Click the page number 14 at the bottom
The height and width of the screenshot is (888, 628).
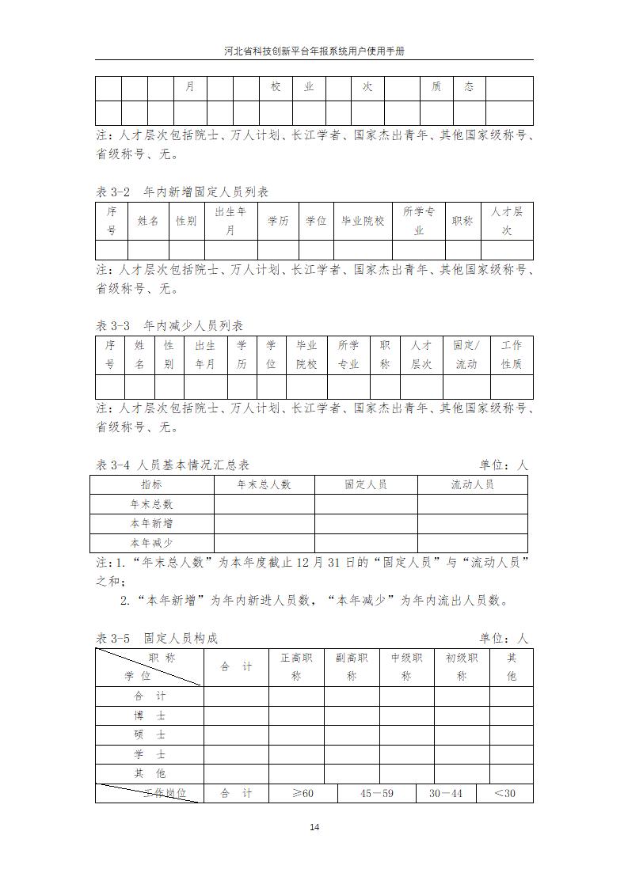pyautogui.click(x=314, y=827)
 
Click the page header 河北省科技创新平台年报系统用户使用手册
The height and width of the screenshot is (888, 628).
pyautogui.click(x=314, y=50)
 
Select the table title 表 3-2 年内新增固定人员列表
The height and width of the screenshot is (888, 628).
pyautogui.click(x=182, y=192)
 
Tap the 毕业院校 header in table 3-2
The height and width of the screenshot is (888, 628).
pyautogui.click(x=363, y=221)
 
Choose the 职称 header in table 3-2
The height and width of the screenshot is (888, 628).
pyautogui.click(x=462, y=221)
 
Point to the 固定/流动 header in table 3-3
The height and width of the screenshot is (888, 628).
pyautogui.click(x=466, y=355)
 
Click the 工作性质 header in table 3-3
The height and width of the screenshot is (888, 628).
pyautogui.click(x=512, y=355)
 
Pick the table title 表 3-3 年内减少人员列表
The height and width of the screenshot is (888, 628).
pyautogui.click(x=169, y=326)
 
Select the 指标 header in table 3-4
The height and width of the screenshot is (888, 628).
pyautogui.click(x=152, y=484)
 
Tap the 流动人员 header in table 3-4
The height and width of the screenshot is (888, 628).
pyautogui.click(x=472, y=484)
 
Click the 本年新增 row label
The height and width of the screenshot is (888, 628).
pyautogui.click(x=152, y=523)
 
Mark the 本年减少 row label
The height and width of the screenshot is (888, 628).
pyautogui.click(x=152, y=543)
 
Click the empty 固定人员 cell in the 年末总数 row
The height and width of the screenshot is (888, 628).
pyautogui.click(x=366, y=504)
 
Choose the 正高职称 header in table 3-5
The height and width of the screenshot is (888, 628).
pyautogui.click(x=296, y=666)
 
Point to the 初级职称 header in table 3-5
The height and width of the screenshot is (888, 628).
pyautogui.click(x=462, y=666)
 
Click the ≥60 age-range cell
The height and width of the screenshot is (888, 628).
pyautogui.click(x=303, y=793)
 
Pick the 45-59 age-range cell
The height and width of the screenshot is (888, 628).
pyautogui.click(x=377, y=793)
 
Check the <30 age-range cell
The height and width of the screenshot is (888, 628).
pyautogui.click(x=504, y=793)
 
